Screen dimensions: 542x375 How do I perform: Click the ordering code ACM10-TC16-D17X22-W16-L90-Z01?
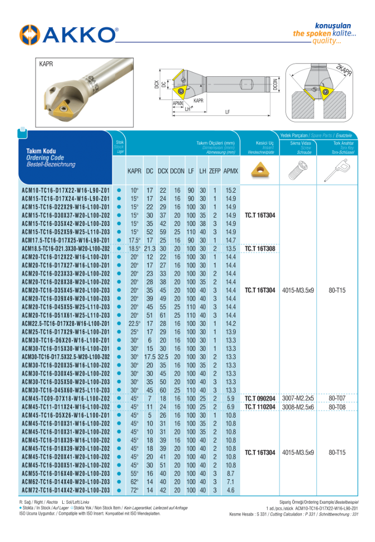coord(66,191)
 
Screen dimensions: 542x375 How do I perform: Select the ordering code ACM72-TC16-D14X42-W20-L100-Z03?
coord(66,489)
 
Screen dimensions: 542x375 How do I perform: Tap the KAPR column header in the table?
coord(134,172)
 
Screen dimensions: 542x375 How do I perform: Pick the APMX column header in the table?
coord(231,172)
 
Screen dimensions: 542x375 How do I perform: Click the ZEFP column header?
coord(215,172)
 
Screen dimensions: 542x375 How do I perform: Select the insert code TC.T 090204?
coord(260,398)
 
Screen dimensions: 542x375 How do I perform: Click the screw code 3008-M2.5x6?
coord(298,407)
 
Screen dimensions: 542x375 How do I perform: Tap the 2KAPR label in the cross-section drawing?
coord(344,70)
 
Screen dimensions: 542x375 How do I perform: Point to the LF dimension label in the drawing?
coord(227,112)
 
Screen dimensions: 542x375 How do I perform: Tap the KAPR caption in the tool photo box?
coord(46,65)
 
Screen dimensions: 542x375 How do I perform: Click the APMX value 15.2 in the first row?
coord(231,191)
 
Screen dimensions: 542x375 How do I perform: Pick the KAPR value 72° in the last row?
coord(134,489)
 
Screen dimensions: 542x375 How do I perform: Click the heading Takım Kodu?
coord(41,151)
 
